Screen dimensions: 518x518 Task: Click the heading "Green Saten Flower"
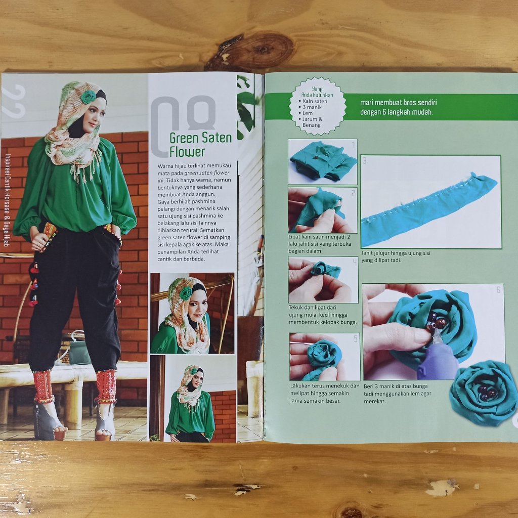click(x=200, y=145)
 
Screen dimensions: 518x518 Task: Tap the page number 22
click(x=14, y=101)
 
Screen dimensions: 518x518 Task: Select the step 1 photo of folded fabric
click(x=322, y=161)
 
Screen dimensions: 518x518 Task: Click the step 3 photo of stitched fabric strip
click(x=431, y=201)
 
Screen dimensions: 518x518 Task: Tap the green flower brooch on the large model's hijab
click(x=88, y=97)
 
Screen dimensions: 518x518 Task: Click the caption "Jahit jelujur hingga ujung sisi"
click(x=396, y=253)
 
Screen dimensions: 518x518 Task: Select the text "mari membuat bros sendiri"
click(x=399, y=103)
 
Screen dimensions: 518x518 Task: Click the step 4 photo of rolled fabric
click(x=323, y=280)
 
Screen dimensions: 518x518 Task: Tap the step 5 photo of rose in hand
click(x=325, y=357)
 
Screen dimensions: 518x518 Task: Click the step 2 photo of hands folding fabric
click(x=322, y=210)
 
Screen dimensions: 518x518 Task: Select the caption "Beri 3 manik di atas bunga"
click(x=396, y=386)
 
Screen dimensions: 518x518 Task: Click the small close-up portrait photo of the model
click(x=192, y=313)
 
